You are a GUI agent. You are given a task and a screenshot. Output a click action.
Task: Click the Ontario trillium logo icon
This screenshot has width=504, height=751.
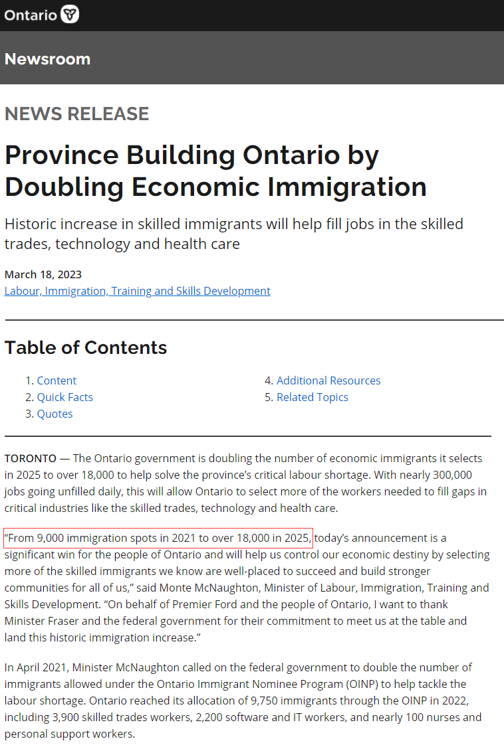coord(70,14)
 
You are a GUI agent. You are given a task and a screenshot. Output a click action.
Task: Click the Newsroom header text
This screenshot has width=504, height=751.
coord(47,58)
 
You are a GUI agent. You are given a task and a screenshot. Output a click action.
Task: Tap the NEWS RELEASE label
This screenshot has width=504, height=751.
coord(76,114)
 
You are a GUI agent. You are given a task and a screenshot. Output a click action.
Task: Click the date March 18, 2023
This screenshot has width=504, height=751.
coord(43,274)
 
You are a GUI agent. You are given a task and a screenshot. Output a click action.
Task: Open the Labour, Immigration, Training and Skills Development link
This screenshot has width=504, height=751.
coord(137,291)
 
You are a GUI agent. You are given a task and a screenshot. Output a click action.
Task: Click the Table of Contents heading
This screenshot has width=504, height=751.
coord(86,347)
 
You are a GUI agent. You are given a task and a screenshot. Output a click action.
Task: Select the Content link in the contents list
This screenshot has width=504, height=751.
coord(57,380)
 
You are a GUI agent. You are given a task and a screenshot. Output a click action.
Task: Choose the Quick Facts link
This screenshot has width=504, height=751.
coord(64,397)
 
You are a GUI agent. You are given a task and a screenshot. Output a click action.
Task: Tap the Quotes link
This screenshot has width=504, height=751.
coord(55,414)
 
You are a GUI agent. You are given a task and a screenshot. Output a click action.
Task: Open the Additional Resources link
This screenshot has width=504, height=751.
coord(328,380)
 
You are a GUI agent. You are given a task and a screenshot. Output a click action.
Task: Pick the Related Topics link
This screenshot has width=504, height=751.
coord(312,397)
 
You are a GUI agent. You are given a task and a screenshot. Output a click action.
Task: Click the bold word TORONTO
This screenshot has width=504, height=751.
coord(31,458)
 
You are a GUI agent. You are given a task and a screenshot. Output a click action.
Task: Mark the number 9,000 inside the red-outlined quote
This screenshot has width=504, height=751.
coord(51,538)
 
